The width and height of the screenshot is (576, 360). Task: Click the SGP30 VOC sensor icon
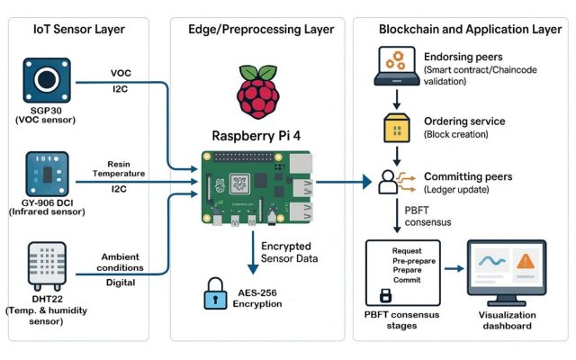click(x=47, y=80)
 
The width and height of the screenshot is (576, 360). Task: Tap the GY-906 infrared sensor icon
click(x=47, y=174)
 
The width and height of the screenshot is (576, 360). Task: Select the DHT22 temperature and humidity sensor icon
click(x=47, y=266)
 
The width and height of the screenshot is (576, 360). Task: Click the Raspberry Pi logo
click(x=258, y=92)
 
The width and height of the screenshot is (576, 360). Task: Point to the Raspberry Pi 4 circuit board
click(x=256, y=188)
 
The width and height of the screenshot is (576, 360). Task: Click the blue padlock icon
click(x=215, y=293)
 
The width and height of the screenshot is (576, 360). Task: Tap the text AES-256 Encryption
click(x=257, y=298)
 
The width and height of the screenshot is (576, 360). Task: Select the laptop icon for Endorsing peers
click(x=397, y=66)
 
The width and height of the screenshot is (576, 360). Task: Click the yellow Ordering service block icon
click(x=397, y=128)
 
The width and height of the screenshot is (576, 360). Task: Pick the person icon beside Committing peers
click(x=388, y=182)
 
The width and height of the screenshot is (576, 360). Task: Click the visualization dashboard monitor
click(x=507, y=273)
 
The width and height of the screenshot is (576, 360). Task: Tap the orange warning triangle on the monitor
click(x=526, y=261)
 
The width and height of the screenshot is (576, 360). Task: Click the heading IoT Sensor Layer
click(x=79, y=30)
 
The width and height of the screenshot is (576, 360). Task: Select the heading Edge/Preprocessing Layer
click(x=261, y=30)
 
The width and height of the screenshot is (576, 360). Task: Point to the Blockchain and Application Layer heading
click(x=470, y=30)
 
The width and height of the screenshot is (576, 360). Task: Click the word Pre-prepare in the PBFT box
click(x=414, y=261)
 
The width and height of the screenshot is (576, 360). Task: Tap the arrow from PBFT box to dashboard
click(x=454, y=269)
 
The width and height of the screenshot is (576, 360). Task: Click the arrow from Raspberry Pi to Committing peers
click(x=344, y=182)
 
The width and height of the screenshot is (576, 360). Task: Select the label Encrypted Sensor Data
click(x=290, y=252)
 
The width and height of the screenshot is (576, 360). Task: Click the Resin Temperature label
click(x=119, y=168)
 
